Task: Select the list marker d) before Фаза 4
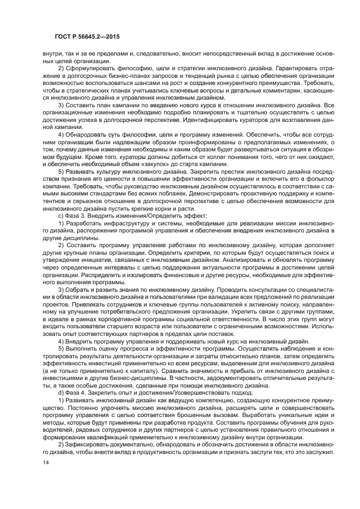pyautogui.click(x=62, y=393)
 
